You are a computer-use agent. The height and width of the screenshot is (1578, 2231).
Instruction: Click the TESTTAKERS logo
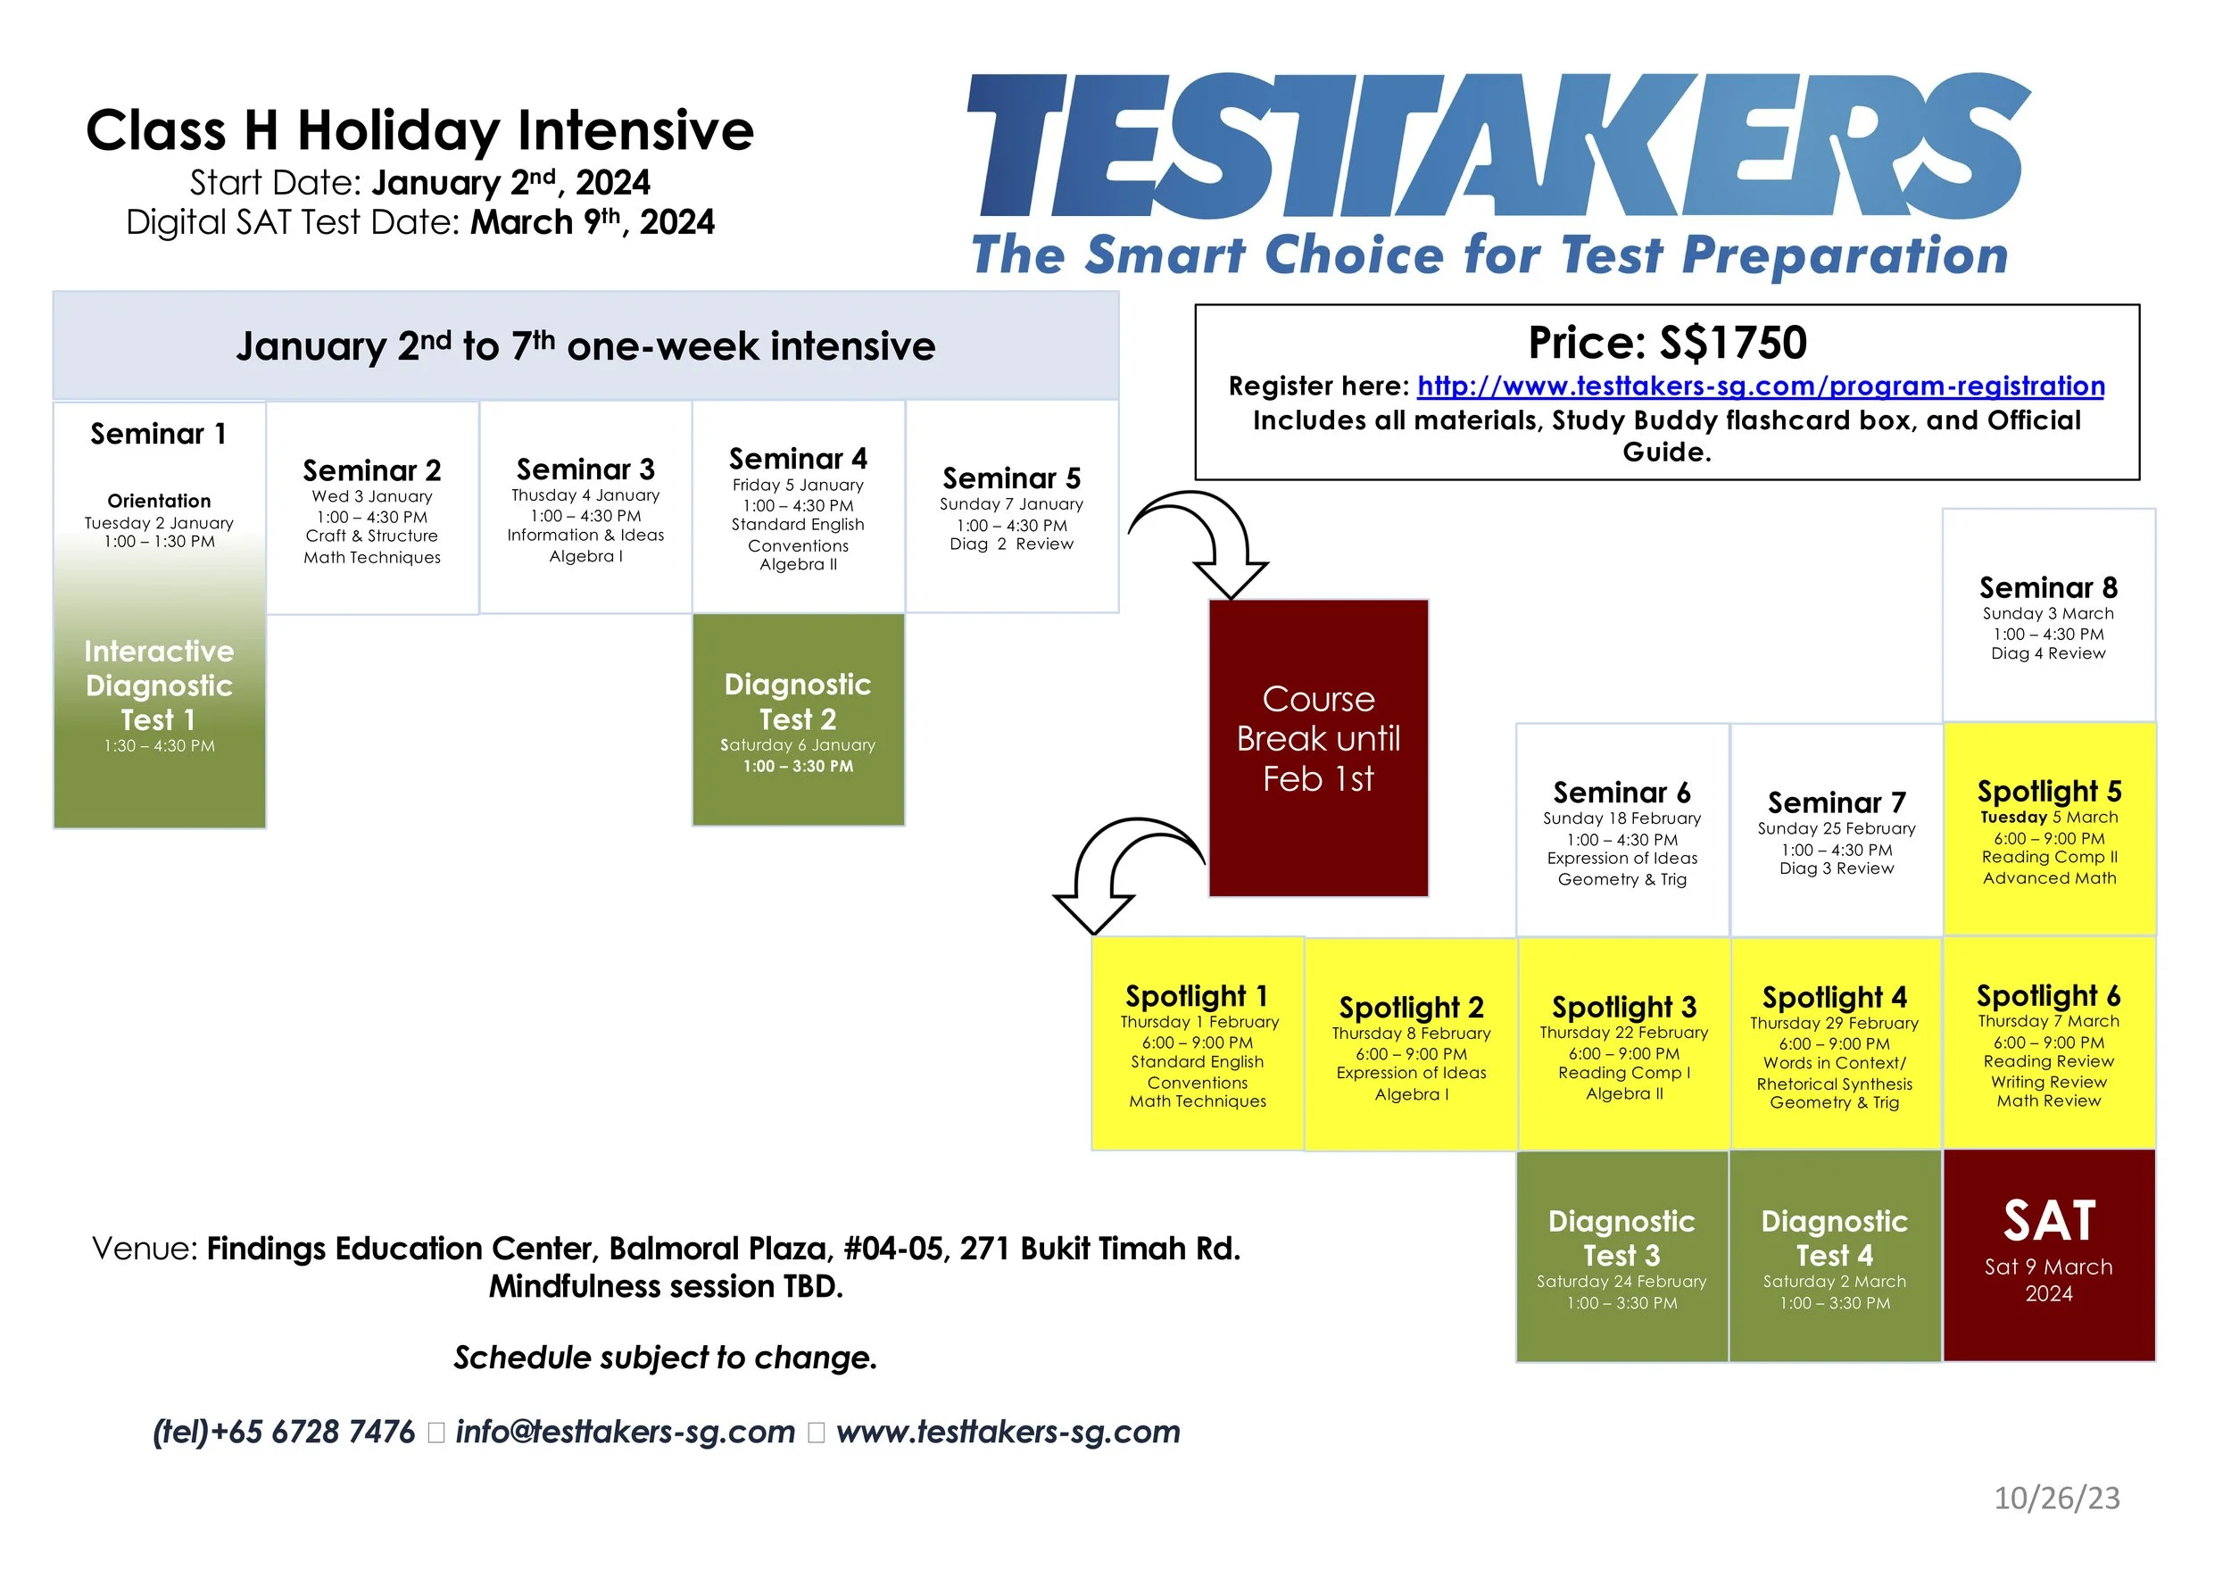1497,145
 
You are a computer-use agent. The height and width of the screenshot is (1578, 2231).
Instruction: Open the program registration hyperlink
1760,386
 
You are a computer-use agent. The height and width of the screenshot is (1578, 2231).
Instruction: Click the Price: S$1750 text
1666,342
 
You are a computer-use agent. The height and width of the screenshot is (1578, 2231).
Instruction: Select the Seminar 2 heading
371,470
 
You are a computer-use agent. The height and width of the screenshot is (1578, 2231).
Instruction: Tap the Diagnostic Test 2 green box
798,720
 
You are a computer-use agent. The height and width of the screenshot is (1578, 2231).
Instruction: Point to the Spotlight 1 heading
1196,996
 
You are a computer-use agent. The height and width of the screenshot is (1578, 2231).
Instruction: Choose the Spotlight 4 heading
1834,997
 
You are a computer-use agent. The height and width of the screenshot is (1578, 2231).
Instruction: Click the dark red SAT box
2048,1254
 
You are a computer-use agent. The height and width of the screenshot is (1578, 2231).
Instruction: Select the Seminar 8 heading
2047,588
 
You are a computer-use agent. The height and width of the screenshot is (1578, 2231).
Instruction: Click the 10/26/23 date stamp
2056,1498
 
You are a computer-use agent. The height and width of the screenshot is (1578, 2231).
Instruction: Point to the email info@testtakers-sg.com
625,1432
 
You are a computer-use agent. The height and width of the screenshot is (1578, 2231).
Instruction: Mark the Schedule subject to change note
666,1358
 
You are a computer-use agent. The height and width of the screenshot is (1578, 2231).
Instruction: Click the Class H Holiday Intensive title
419,130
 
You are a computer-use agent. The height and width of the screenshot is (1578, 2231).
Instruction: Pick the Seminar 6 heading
1621,792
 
